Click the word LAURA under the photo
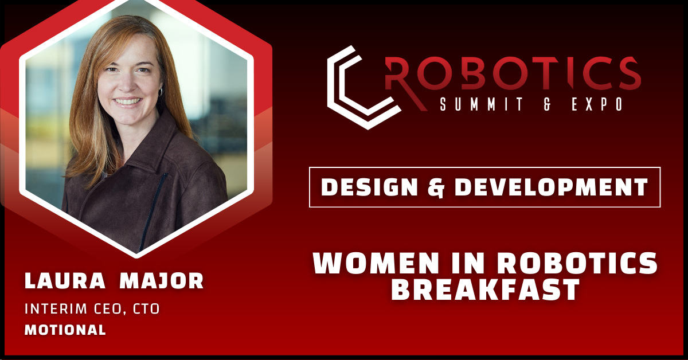[65, 280]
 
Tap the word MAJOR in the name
[162, 280]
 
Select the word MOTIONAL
[65, 330]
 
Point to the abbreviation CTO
[146, 309]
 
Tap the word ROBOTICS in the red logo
[513, 73]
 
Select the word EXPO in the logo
[597, 104]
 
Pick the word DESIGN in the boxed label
[369, 187]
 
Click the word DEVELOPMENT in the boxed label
[552, 187]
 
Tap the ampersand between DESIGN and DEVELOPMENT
[436, 187]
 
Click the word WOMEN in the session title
[376, 263]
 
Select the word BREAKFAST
[485, 289]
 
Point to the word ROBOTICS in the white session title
[577, 263]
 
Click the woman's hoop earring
[161, 92]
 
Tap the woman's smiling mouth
[127, 101]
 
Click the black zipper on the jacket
[153, 212]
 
